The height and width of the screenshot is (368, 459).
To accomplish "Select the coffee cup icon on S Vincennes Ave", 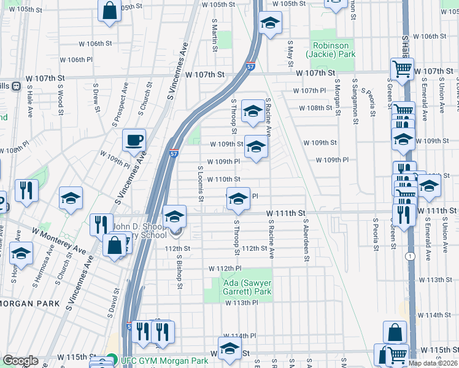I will point(134,140).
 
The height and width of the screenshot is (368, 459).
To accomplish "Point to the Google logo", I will point(20,361).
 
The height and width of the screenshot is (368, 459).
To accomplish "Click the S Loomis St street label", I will point(200,183).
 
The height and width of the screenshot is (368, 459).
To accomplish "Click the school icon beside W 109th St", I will point(256,147).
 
